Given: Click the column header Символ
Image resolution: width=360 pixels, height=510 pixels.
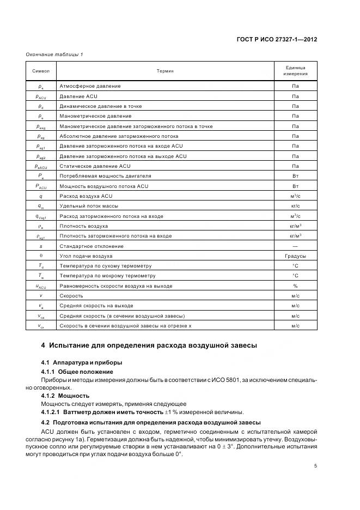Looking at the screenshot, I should [x=41, y=71].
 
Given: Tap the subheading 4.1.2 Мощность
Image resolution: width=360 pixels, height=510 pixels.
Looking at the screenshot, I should [x=65, y=396].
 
